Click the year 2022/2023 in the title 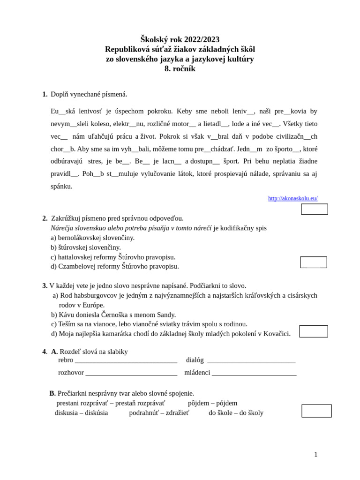tap(202, 39)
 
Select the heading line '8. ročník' tap(180, 69)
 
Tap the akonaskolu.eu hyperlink tap(292, 198)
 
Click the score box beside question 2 tap(314, 262)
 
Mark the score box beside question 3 tap(314, 331)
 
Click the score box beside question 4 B tap(316, 411)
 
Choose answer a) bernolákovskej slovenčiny tap(93, 238)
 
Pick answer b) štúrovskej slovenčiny tap(86, 247)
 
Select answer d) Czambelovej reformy tap(115, 266)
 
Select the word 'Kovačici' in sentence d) tap(277, 334)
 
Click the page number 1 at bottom tap(315, 454)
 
